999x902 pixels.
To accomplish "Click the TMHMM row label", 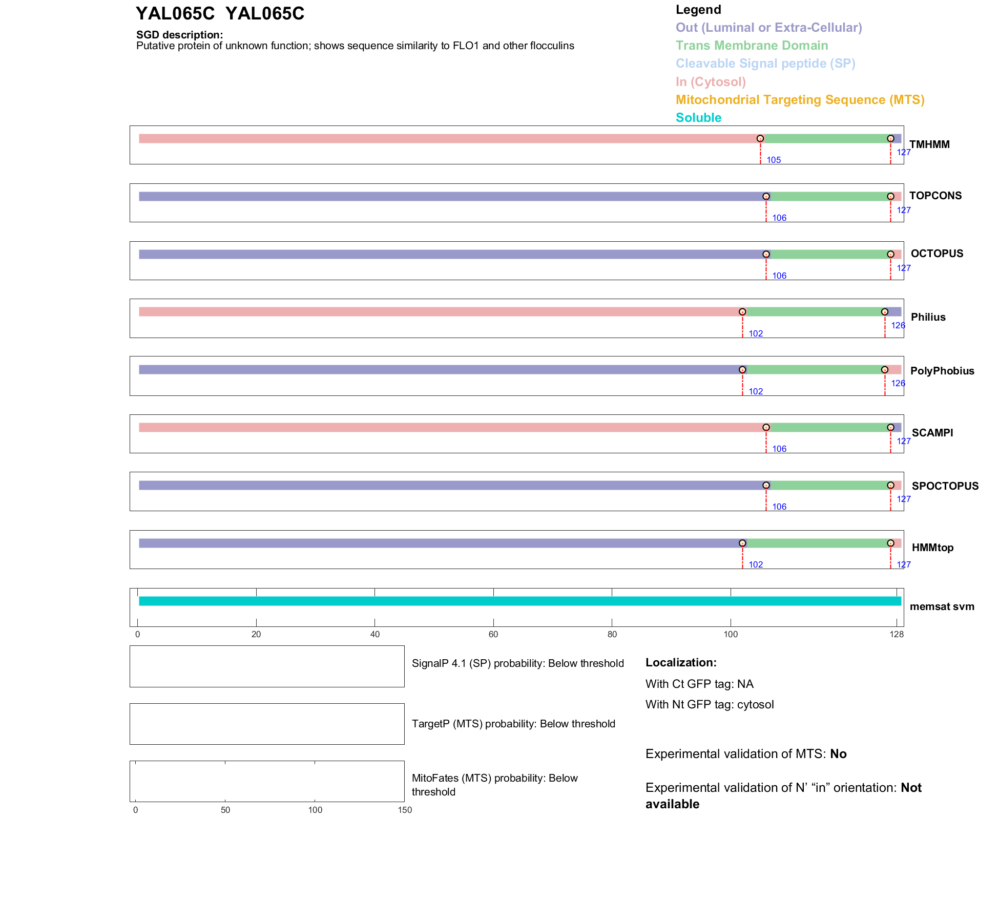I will click(x=929, y=144).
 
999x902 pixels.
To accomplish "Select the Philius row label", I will click(x=928, y=317).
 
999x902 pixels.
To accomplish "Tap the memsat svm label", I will click(x=942, y=606).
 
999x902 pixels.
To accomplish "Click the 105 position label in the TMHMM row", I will click(x=774, y=160).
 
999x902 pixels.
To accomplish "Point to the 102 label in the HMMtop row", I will click(x=756, y=564).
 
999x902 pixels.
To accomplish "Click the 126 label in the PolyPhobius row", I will click(x=898, y=383).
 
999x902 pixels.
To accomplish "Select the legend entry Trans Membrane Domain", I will click(x=752, y=46).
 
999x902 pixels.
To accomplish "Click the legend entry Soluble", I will click(x=698, y=118).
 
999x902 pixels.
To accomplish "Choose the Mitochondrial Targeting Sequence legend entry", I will click(x=800, y=100).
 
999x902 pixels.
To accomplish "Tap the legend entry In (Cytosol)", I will click(x=711, y=82).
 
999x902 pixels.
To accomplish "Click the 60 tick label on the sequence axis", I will click(x=493, y=635).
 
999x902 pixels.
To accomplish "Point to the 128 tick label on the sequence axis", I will click(x=897, y=635).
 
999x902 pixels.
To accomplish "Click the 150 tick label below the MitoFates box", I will click(x=405, y=810).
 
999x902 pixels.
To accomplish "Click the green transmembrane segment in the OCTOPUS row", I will click(x=828, y=255).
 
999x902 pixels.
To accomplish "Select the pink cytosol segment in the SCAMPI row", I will click(x=451, y=428).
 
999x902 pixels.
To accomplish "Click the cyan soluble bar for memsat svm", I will click(x=519, y=601).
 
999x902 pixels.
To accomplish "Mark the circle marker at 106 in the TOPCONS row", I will click(x=766, y=197).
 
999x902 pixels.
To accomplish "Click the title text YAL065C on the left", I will click(x=175, y=14).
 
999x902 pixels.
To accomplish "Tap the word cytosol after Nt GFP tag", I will click(x=755, y=704).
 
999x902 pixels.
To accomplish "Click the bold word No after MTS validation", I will click(x=838, y=754).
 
